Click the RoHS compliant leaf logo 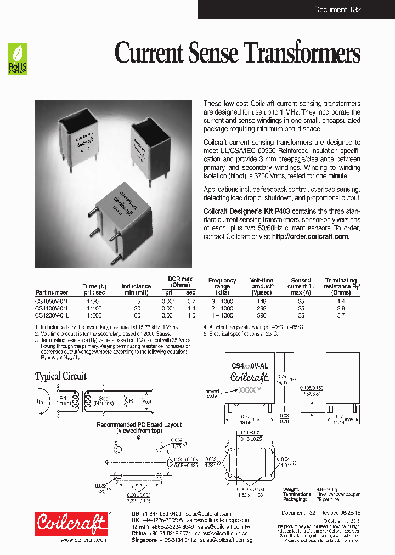[18, 59]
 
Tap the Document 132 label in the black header [337, 10]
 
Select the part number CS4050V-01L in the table [52, 301]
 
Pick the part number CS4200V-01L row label [52, 315]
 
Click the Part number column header [52, 292]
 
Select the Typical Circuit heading [61, 376]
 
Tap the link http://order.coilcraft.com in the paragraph [311, 236]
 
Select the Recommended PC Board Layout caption [139, 424]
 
